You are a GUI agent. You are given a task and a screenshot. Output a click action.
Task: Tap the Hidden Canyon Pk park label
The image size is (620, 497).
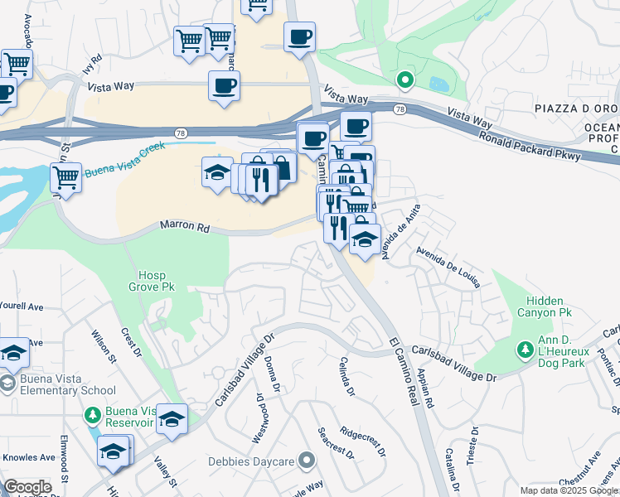tap(544, 306)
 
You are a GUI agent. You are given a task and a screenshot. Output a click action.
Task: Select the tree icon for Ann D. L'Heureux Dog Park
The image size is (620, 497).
tap(524, 350)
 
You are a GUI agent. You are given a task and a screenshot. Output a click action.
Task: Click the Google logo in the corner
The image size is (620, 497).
tap(27, 487)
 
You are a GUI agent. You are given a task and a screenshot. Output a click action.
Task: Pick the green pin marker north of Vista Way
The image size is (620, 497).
tap(404, 80)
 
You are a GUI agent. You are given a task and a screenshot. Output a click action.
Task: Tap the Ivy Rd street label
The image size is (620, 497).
tap(92, 65)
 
